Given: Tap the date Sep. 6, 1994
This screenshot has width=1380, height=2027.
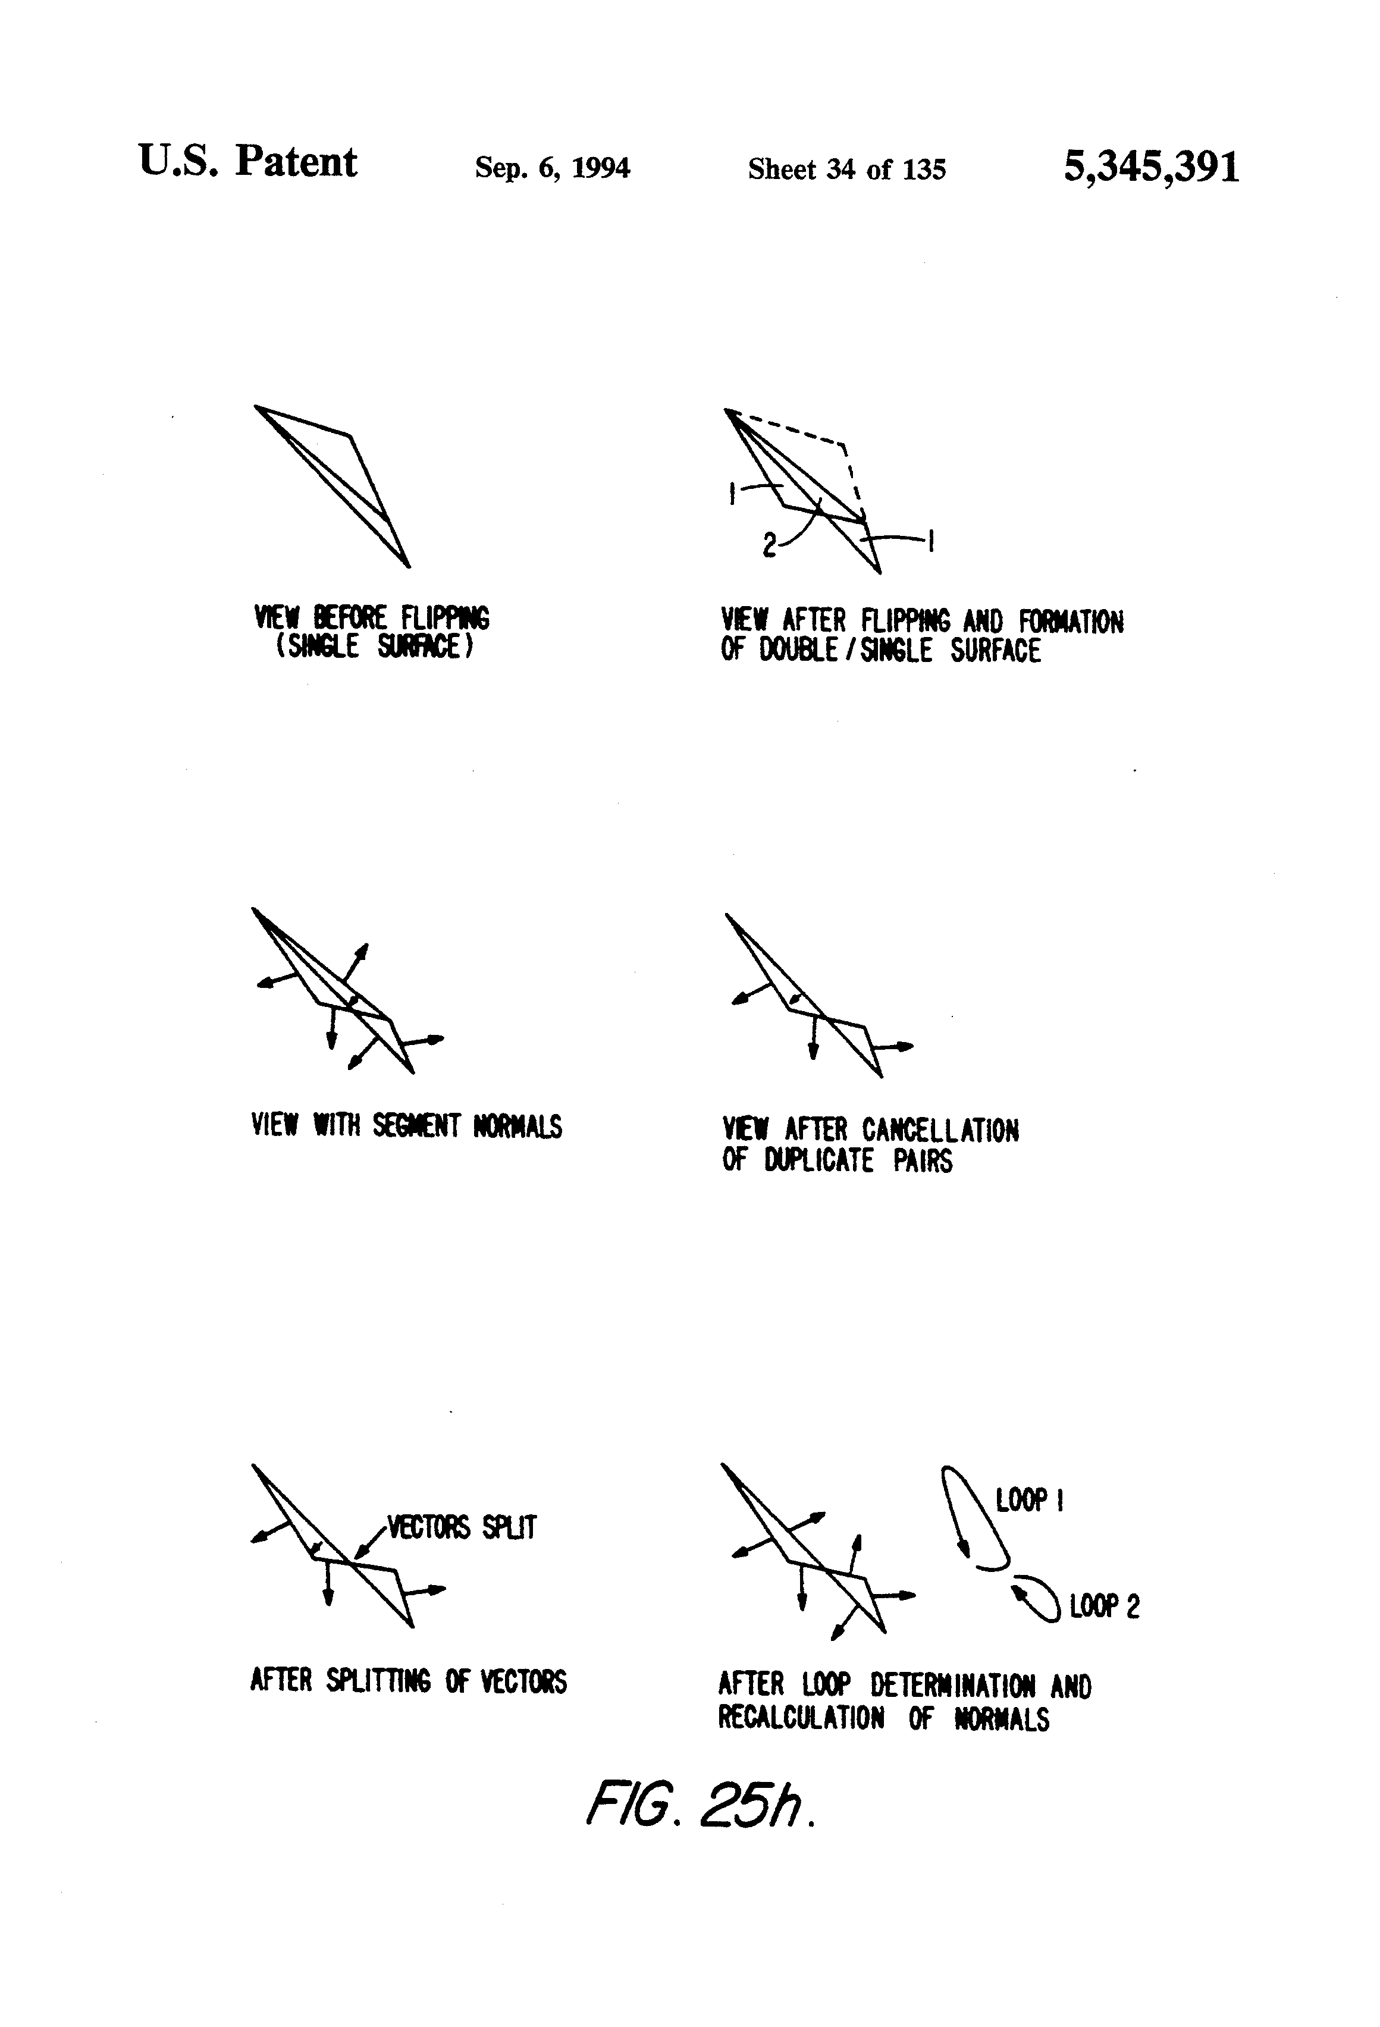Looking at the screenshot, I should pos(552,168).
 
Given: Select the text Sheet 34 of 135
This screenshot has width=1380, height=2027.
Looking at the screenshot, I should pos(846,169).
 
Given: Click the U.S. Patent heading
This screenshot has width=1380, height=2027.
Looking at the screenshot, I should pos(247,162).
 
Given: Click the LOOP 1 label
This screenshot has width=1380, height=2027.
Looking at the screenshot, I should pos(1029,1500).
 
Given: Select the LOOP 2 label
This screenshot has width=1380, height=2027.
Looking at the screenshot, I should pos(1105,1606).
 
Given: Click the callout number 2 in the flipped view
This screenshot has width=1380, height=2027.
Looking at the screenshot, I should pos(769,546).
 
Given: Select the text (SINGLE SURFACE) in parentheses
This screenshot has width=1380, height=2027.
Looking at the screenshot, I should pos(374,647).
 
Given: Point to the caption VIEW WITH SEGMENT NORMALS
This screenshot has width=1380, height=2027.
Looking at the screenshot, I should pos(406,1126).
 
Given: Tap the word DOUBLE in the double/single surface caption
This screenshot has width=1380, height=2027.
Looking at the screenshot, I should pos(798,649).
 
